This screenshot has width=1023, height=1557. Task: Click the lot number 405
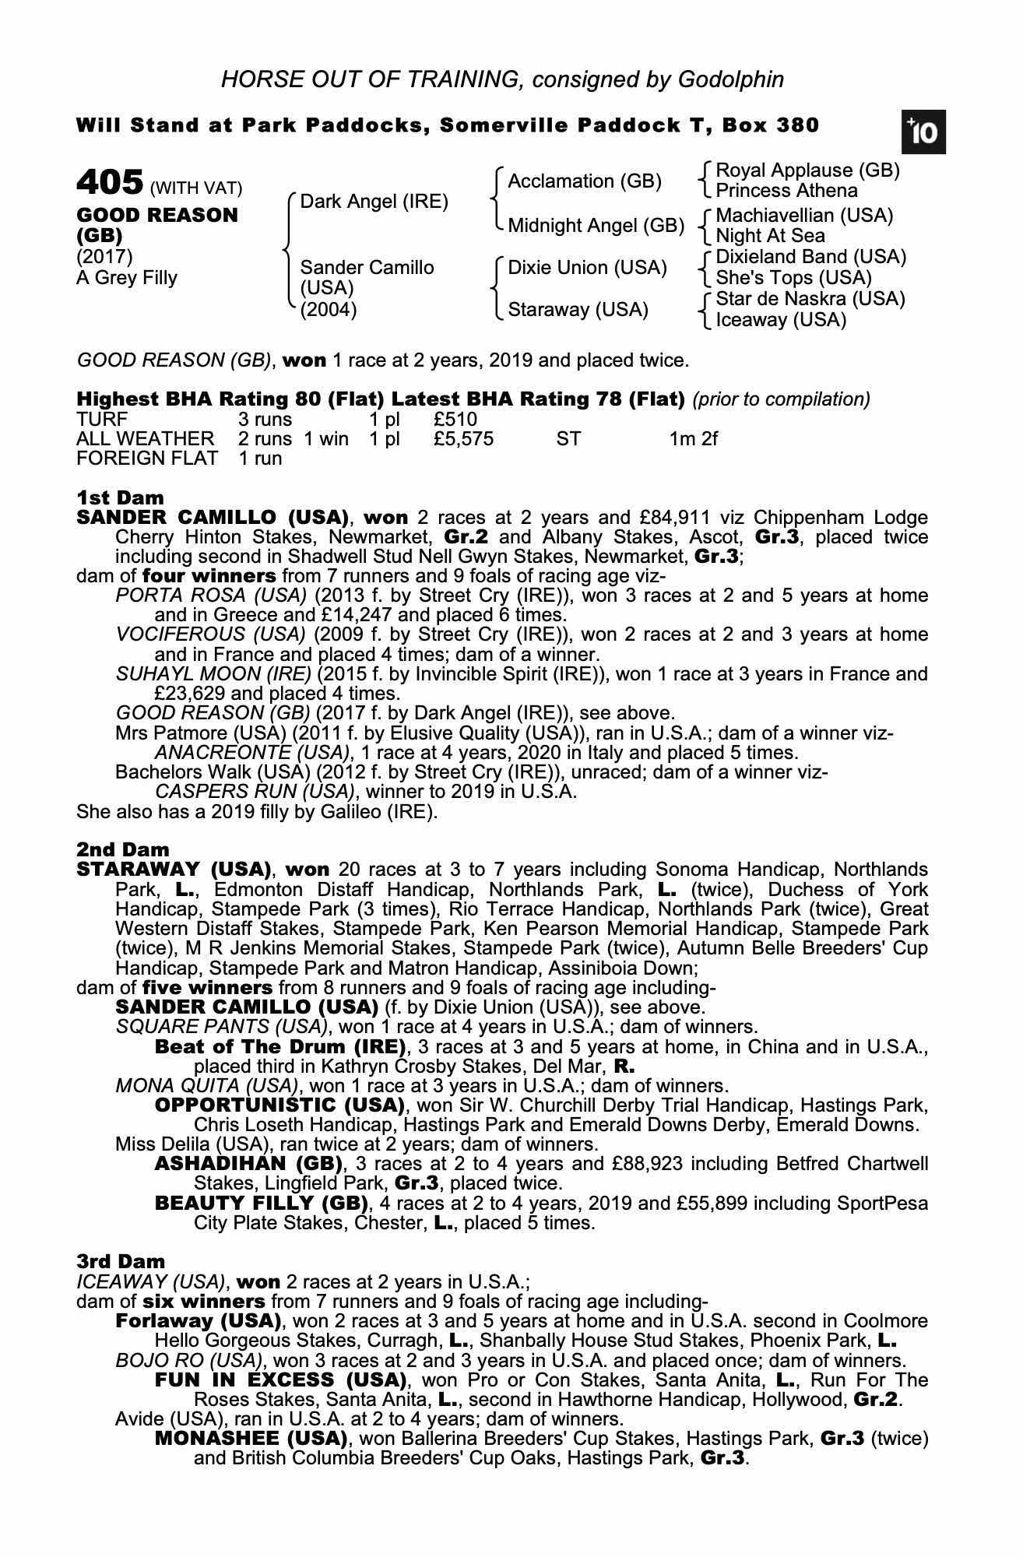pyautogui.click(x=110, y=183)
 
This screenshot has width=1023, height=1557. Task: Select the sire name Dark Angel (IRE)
pyautogui.click(x=374, y=202)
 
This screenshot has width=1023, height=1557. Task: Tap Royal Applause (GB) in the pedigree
pyautogui.click(x=807, y=170)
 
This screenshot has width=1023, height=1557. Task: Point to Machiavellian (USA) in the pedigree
pyautogui.click(x=804, y=215)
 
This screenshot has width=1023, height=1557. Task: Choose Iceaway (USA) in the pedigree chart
pyautogui.click(x=780, y=319)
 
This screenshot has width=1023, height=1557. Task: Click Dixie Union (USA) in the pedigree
pyautogui.click(x=587, y=268)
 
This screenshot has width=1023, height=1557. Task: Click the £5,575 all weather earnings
pyautogui.click(x=463, y=439)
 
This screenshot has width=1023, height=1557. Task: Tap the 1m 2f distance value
pyautogui.click(x=693, y=439)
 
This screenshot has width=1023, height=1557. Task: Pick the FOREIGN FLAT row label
pyautogui.click(x=147, y=459)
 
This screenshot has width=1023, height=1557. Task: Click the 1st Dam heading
pyautogui.click(x=120, y=497)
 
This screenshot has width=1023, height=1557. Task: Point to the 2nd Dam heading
pyautogui.click(x=122, y=849)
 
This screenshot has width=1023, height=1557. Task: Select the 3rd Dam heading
pyautogui.click(x=121, y=1260)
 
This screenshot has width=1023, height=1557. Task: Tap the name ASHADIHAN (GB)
pyautogui.click(x=248, y=1164)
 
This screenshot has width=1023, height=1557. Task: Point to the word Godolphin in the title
pyautogui.click(x=731, y=79)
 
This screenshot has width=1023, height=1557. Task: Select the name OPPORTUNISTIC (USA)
pyautogui.click(x=279, y=1105)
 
